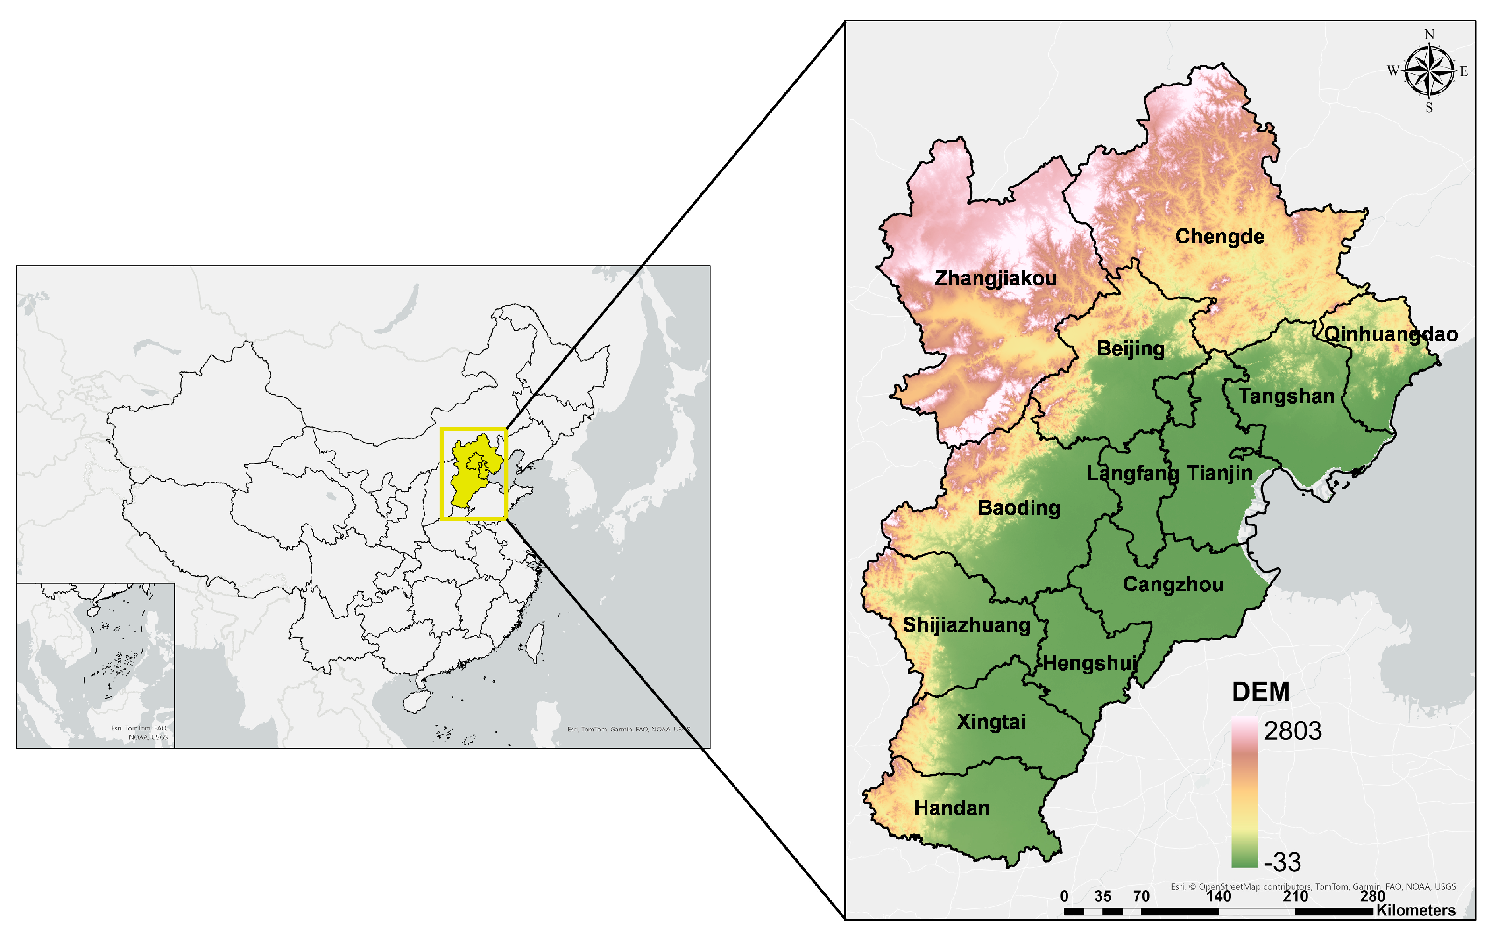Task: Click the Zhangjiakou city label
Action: click(x=995, y=278)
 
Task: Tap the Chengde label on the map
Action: click(x=1219, y=236)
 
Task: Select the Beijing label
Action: click(x=1130, y=348)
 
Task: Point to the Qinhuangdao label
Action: click(x=1390, y=334)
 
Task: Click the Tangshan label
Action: click(x=1286, y=396)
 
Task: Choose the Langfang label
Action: click(x=1131, y=474)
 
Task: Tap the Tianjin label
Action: click(x=1219, y=473)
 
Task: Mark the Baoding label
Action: click(x=1018, y=508)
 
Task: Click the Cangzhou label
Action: click(x=1173, y=584)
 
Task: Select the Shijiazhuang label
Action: click(x=966, y=625)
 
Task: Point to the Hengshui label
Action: click(x=1090, y=664)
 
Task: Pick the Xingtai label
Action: click(x=991, y=722)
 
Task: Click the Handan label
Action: click(x=952, y=808)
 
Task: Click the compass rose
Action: click(x=1428, y=71)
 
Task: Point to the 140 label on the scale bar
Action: click(x=1218, y=896)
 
